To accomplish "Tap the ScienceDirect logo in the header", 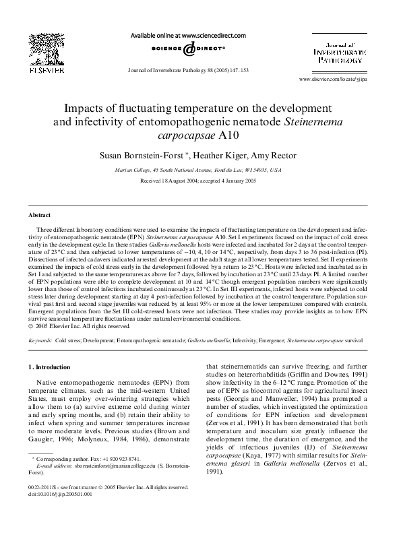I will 188,50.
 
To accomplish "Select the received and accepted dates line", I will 199,182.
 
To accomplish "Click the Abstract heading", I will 39,215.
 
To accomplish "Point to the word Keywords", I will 39,342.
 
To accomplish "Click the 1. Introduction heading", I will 52,367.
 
